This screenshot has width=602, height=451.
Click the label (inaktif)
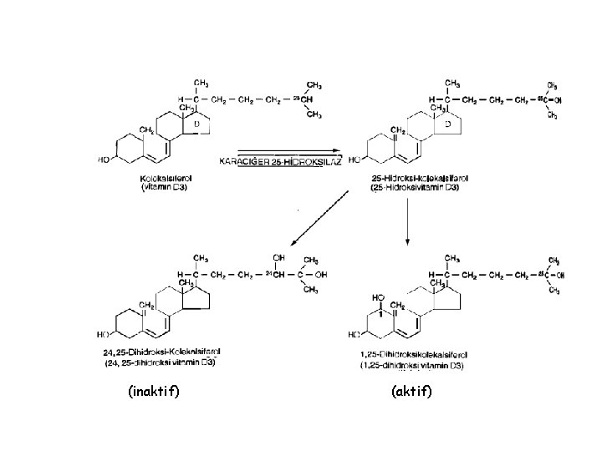[x=155, y=390]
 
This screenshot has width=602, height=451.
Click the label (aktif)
[x=411, y=390]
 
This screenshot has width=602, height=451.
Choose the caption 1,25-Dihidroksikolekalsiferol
[x=414, y=356]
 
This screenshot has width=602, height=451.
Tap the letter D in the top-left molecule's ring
[x=196, y=124]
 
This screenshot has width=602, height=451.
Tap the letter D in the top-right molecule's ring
[x=448, y=124]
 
